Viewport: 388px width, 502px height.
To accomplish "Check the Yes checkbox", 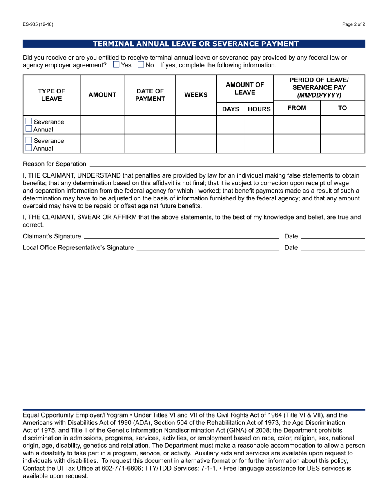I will pyautogui.click(x=116, y=64).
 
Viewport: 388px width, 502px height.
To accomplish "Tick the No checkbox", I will pyautogui.click(x=141, y=64).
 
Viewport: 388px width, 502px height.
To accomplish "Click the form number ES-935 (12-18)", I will pyautogui.click(x=38, y=24).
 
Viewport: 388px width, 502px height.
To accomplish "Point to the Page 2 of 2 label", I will pyautogui.click(x=354, y=24).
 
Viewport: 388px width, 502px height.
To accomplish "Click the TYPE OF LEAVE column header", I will pyautogui.click(x=51, y=95).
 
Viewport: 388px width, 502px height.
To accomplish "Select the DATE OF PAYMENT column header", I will pyautogui.click(x=150, y=95).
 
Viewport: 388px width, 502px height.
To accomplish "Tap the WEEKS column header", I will pyautogui.click(x=196, y=95).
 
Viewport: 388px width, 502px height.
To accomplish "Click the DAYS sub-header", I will pyautogui.click(x=230, y=109).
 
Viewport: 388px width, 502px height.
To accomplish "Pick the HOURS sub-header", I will pyautogui.click(x=259, y=109).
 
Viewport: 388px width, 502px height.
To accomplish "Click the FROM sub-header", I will pyautogui.click(x=297, y=108).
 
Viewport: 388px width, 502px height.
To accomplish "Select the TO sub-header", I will pyautogui.click(x=342, y=108).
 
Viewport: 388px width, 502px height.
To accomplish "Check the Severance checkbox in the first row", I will pyautogui.click(x=29, y=121).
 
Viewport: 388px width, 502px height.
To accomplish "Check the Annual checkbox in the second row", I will pyautogui.click(x=29, y=148).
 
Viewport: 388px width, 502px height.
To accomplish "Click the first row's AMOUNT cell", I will pyautogui.click(x=103, y=125).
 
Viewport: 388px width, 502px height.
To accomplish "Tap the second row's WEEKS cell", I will pyautogui.click(x=196, y=144).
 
